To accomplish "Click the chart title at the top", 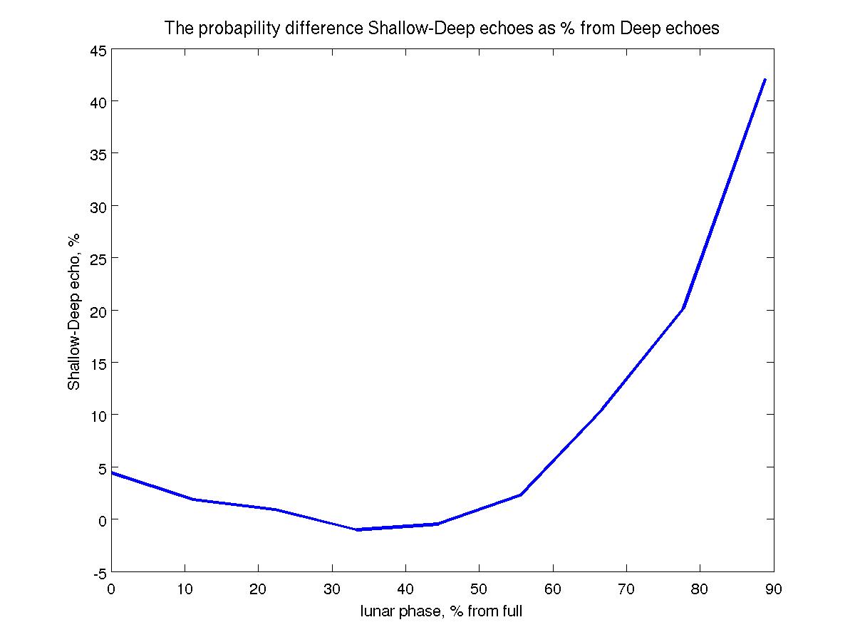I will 442,29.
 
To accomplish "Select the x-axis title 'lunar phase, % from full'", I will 442,611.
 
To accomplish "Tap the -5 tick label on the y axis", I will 98,573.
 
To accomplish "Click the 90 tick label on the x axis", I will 773,589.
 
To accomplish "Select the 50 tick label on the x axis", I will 479,589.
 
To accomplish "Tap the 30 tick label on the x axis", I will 332,589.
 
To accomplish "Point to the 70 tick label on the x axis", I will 626,589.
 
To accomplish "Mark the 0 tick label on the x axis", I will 112,589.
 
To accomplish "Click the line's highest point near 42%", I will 765,80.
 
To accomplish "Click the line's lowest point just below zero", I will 357,529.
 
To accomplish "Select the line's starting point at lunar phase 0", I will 112,472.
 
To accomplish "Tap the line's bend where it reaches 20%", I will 683,309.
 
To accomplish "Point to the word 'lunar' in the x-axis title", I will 378,611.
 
